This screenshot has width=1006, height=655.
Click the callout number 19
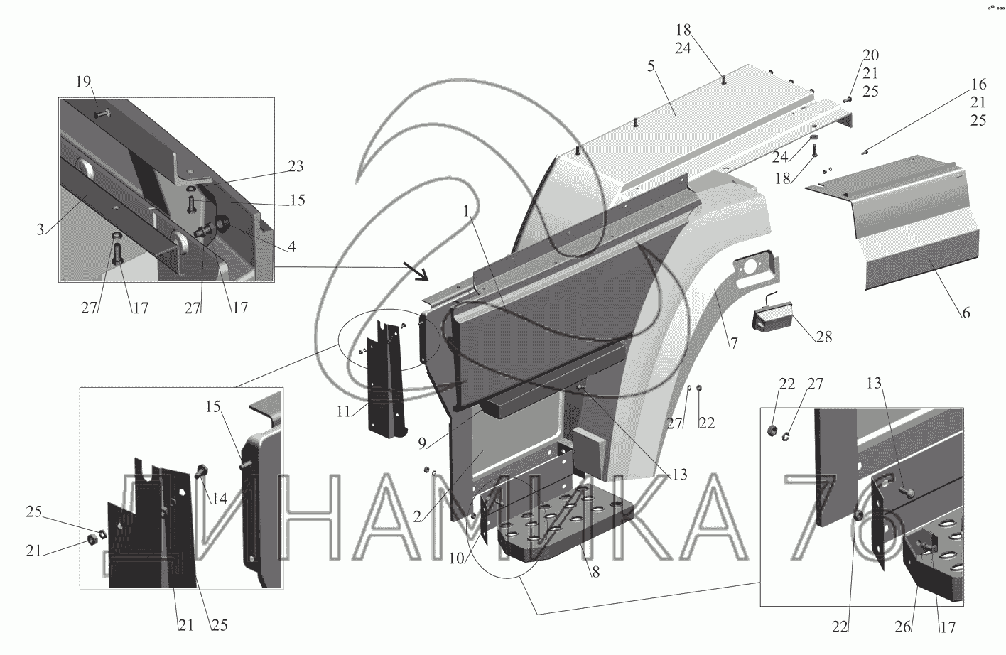pos(84,81)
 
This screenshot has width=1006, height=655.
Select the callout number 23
pos(296,167)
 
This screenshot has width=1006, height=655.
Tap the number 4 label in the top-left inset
pos(292,248)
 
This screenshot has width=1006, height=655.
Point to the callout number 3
pos(40,229)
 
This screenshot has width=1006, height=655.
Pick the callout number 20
pos(870,55)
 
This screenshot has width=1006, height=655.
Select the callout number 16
pos(978,84)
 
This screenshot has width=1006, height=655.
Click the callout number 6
pos(966,313)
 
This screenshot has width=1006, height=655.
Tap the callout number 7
pos(734,343)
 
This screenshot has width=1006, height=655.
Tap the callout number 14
pos(220,499)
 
